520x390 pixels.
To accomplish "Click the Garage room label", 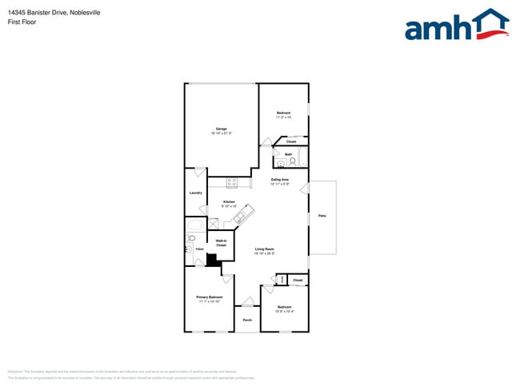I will click(x=221, y=129).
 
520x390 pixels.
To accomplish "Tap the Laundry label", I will click(x=195, y=193).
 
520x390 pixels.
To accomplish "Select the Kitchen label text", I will click(x=229, y=201).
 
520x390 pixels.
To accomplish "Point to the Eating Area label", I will click(x=279, y=180).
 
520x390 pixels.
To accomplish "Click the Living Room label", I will click(x=265, y=249).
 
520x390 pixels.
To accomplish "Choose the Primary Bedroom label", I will click(x=209, y=296).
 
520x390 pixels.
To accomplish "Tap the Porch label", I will click(x=247, y=320).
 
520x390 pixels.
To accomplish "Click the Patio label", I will click(x=322, y=216).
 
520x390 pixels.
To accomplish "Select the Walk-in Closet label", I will click(x=221, y=243).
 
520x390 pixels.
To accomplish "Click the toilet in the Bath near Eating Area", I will click(x=293, y=161).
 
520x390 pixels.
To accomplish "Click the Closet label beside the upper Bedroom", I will click(x=291, y=141).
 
